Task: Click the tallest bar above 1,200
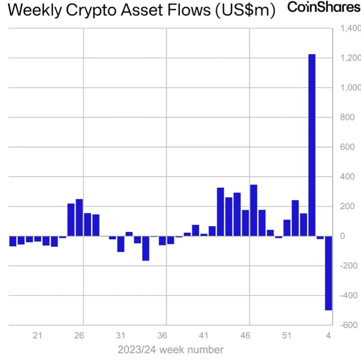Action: point(312,144)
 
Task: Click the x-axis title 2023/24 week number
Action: point(170,350)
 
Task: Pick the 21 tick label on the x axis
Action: point(37,335)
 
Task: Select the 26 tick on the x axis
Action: point(79,335)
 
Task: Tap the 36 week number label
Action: point(162,335)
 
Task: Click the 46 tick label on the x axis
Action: point(245,335)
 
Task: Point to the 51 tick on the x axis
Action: point(287,335)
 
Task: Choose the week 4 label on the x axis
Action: point(328,335)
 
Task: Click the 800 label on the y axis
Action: point(347,117)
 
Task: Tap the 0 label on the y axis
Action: point(343,236)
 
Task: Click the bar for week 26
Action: point(79,218)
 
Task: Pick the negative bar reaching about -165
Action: point(146,248)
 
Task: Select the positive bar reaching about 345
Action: point(254,210)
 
